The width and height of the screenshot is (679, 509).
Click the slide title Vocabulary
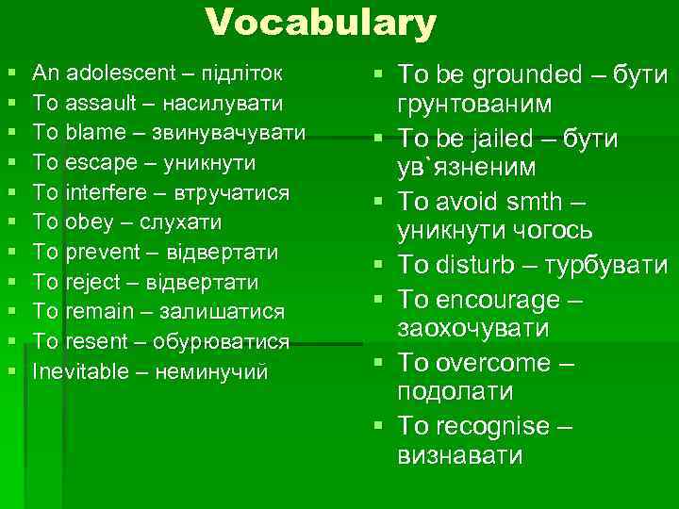point(321,24)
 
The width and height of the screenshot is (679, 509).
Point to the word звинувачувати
point(246,132)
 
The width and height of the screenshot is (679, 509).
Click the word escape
point(93,162)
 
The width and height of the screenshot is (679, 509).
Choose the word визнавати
point(460,456)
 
